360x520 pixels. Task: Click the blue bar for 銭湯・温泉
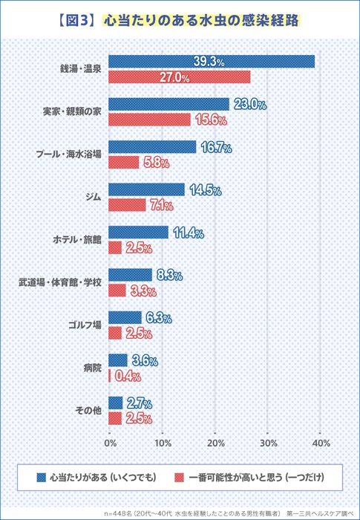point(212,62)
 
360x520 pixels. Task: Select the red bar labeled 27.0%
point(179,77)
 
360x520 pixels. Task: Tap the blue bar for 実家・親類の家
point(168,104)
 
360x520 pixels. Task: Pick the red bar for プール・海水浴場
point(123,162)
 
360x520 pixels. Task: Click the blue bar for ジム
point(146,189)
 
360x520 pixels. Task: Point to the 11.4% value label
point(188,233)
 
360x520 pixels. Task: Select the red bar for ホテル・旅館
point(115,247)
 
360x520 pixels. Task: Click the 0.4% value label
point(128,376)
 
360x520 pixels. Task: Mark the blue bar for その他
point(115,403)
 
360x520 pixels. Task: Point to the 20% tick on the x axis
point(215,443)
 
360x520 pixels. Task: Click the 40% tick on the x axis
point(321,443)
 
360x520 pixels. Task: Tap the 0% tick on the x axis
point(110,443)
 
